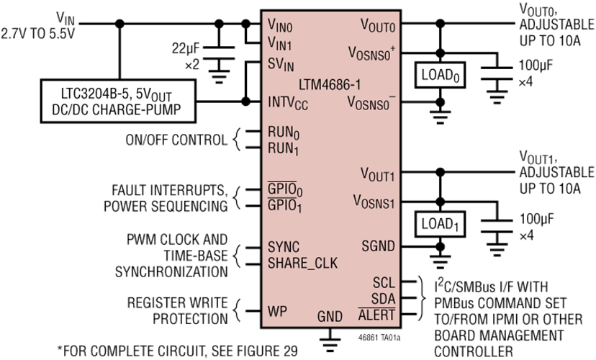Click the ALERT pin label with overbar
point(377,315)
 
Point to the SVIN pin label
point(282,64)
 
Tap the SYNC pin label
point(284,246)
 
